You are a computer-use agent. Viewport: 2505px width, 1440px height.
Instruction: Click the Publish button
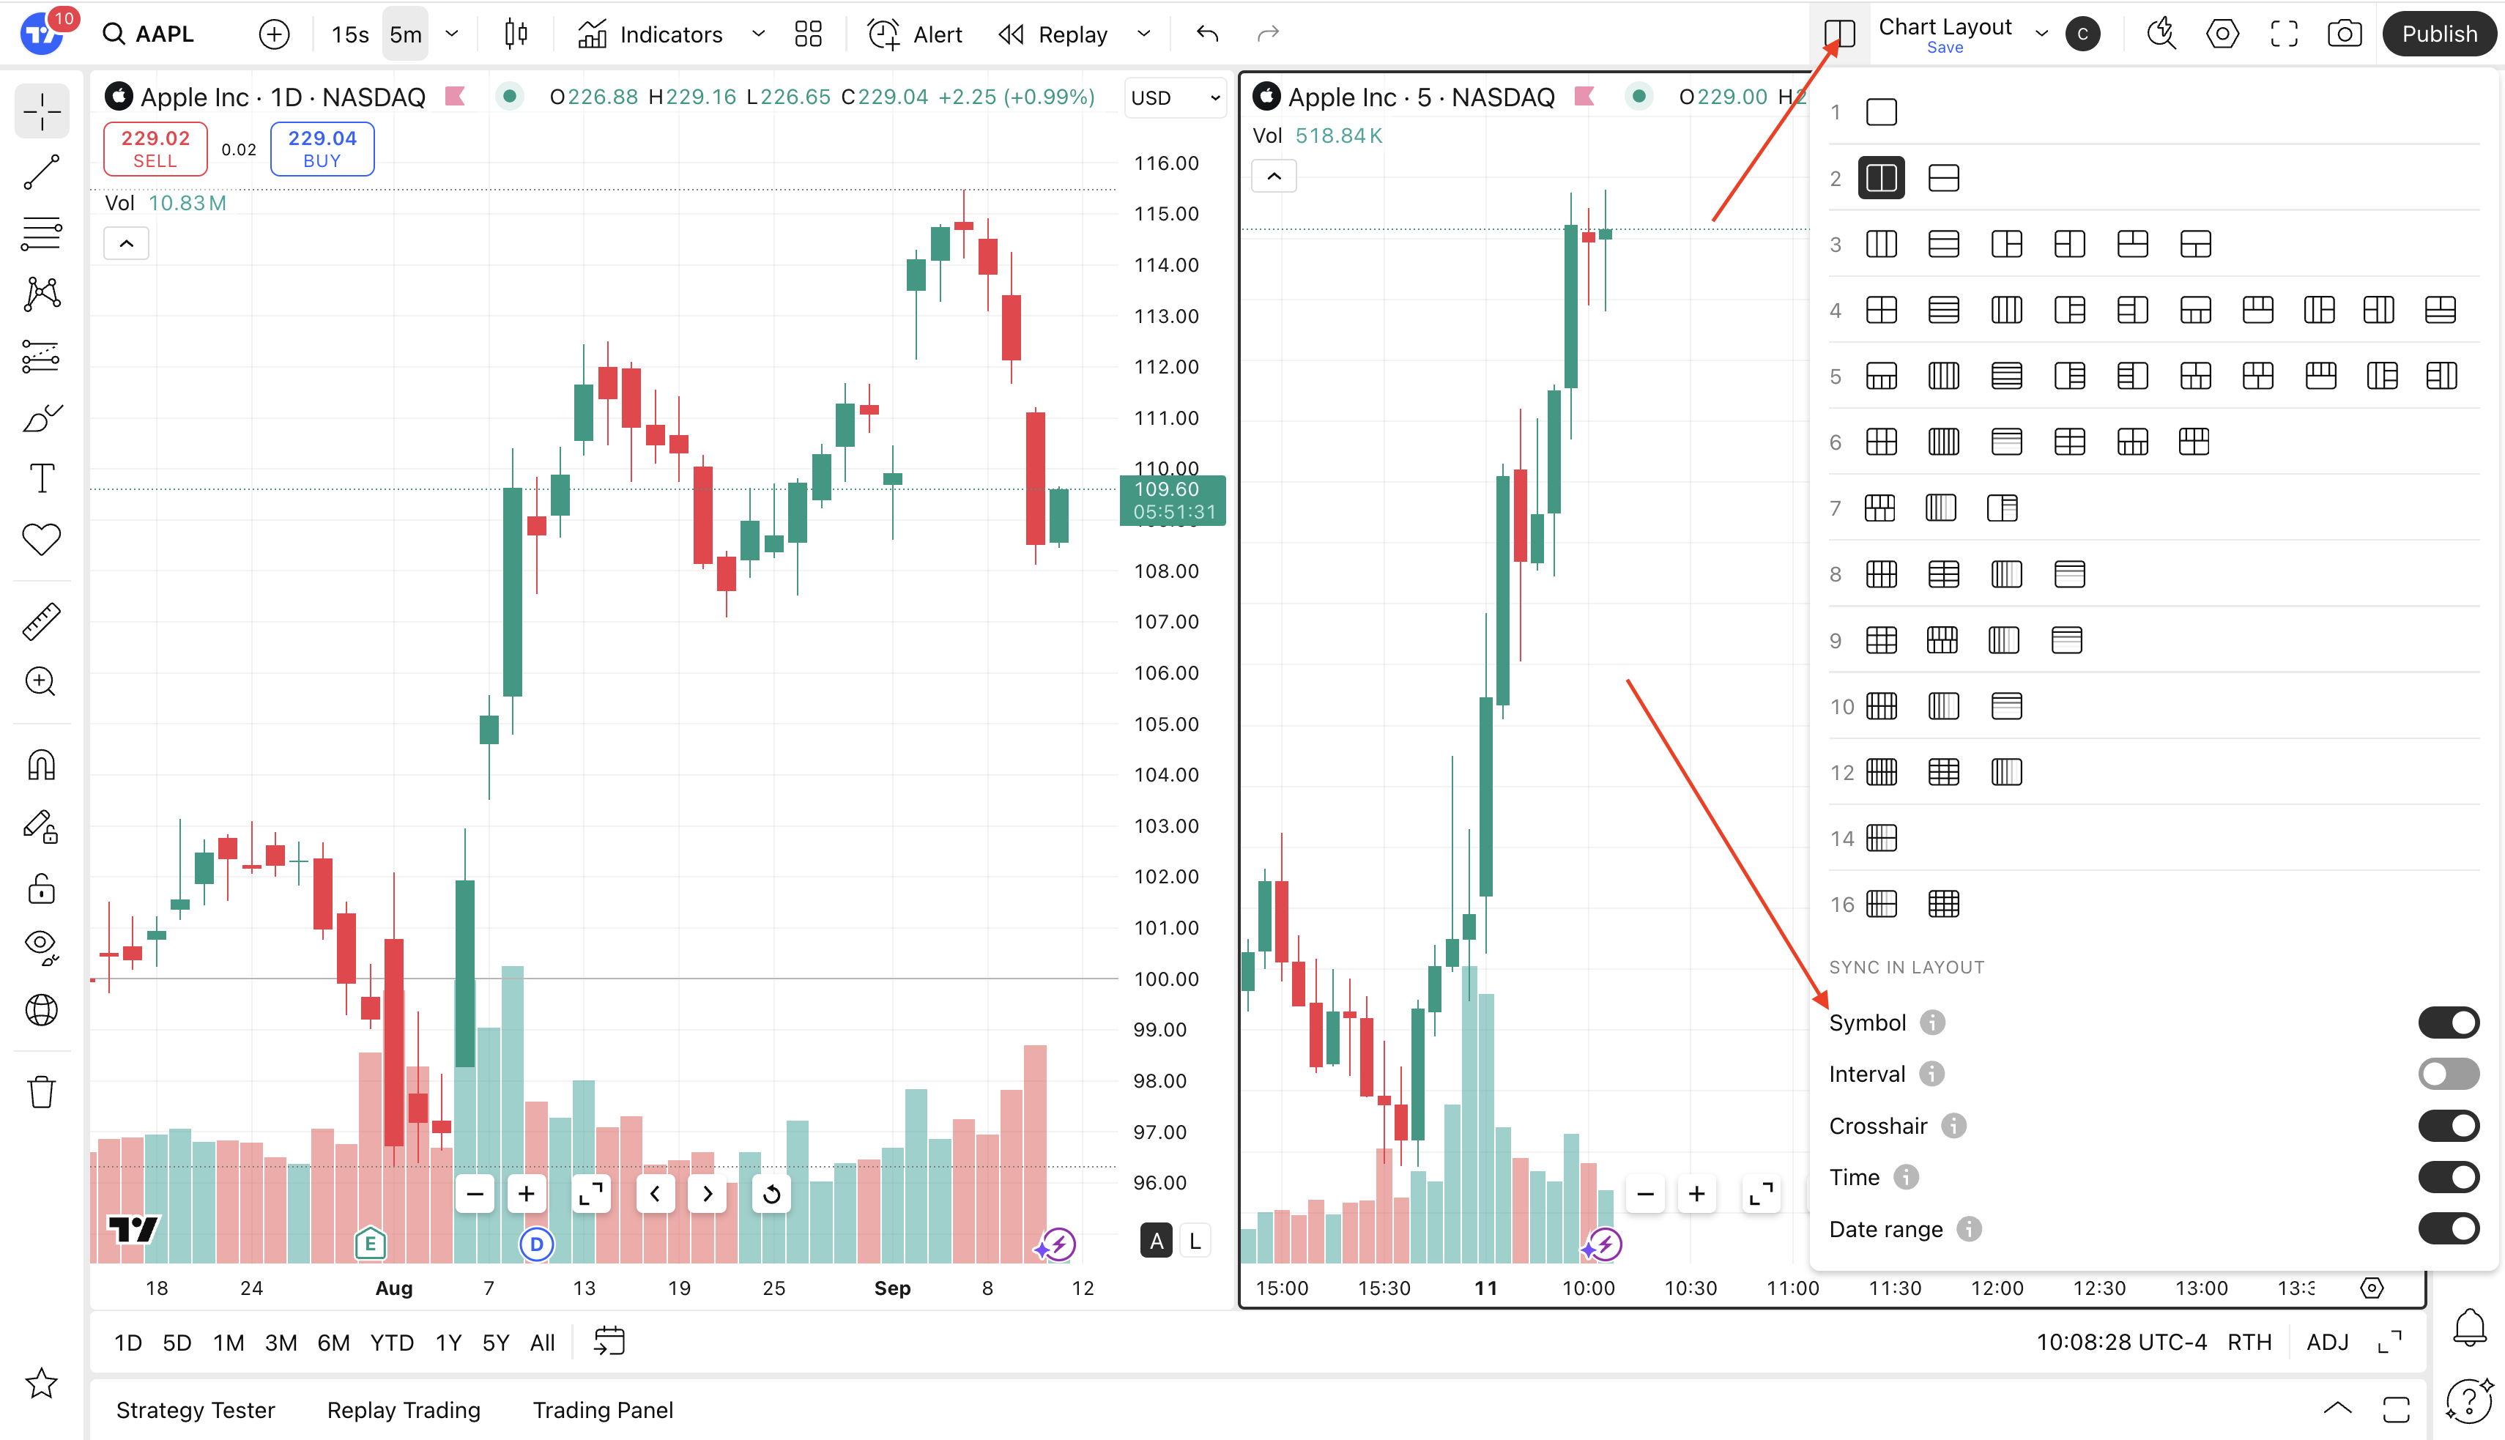(x=2439, y=34)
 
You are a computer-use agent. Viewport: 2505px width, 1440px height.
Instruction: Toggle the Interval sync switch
(x=2448, y=1074)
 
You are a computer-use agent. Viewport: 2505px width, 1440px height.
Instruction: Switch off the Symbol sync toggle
(x=2448, y=1023)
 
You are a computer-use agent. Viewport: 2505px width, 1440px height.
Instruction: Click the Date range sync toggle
(x=2448, y=1229)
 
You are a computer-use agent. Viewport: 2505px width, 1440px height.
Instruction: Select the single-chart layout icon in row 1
(x=1881, y=112)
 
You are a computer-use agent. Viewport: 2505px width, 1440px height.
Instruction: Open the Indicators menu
(x=652, y=34)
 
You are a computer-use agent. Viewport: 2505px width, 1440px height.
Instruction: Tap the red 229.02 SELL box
(x=155, y=149)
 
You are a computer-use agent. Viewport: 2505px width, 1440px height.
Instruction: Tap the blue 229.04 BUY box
(x=322, y=149)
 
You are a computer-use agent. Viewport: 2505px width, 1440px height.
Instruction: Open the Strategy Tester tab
(x=196, y=1410)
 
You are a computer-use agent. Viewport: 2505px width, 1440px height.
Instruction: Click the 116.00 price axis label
(x=1166, y=163)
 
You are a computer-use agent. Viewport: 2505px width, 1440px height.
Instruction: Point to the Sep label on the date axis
(x=892, y=1288)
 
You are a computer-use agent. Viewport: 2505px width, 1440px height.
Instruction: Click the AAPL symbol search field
(x=163, y=34)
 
